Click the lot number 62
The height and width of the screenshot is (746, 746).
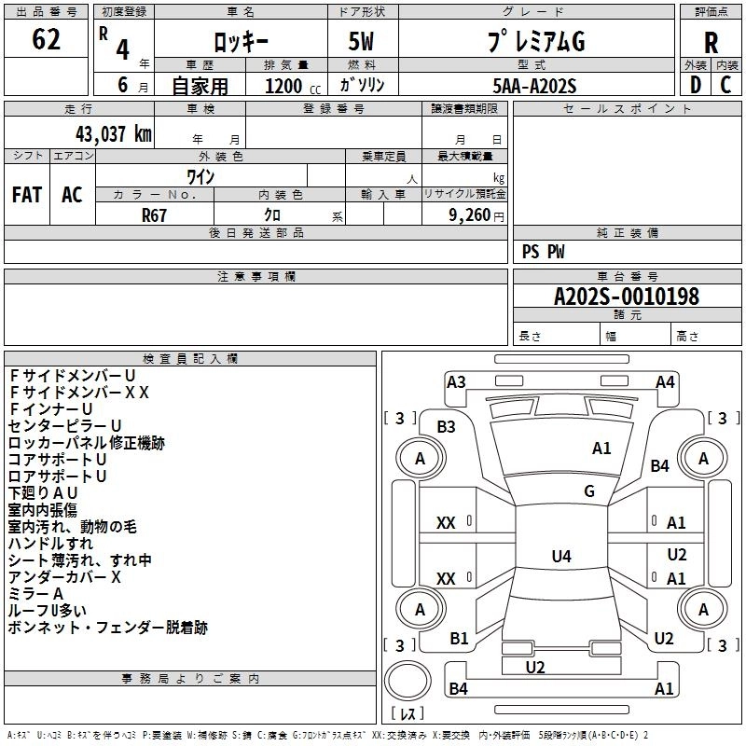[x=46, y=40]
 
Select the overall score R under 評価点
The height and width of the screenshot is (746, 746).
[x=711, y=43]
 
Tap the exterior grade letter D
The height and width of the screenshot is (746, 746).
[x=695, y=84]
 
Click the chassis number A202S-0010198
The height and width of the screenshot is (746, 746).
[x=626, y=297]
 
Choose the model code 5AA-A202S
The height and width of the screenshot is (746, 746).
[x=534, y=85]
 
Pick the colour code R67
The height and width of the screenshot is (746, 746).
[x=155, y=214]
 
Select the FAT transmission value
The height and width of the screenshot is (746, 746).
[x=26, y=195]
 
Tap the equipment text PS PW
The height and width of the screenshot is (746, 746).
[x=543, y=252]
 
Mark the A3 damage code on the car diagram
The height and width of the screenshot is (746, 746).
[x=456, y=381]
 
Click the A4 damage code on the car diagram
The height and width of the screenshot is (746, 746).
[x=665, y=381]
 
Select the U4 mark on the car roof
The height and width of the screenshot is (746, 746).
[x=560, y=557]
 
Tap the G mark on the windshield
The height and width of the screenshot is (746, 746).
[x=588, y=491]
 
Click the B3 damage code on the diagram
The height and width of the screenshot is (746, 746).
[x=446, y=427]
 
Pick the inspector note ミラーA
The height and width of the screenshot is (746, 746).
[x=35, y=594]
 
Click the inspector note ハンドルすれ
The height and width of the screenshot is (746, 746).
[x=50, y=544]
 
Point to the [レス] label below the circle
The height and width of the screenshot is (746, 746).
[x=407, y=715]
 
